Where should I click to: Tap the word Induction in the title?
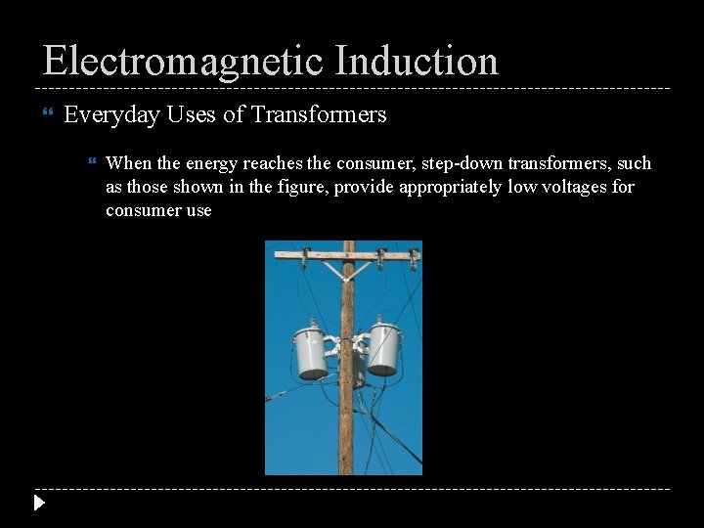tap(417, 61)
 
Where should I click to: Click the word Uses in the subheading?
tap(192, 115)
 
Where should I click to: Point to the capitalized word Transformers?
tap(319, 115)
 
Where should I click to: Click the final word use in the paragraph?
tap(198, 210)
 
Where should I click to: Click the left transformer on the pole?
tap(311, 351)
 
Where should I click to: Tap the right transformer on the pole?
tap(382, 347)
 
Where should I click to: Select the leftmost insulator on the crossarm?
tap(304, 257)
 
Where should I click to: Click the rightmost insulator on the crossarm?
tap(414, 257)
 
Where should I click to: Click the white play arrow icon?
tap(38, 504)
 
